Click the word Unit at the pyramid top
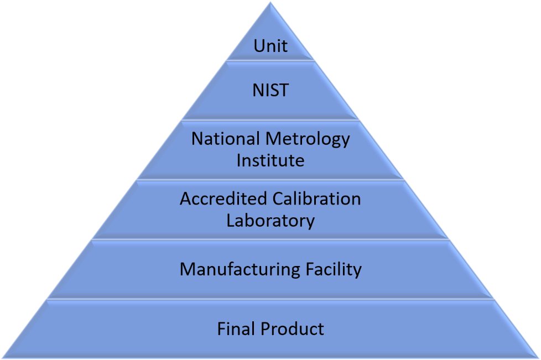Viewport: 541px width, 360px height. click(270, 46)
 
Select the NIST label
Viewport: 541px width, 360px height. click(270, 90)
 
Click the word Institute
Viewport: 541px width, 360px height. click(270, 161)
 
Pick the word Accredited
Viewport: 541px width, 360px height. click(223, 199)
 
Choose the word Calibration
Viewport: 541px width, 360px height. click(317, 199)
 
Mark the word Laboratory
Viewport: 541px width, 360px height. click(270, 221)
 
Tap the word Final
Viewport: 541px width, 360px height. click(237, 328)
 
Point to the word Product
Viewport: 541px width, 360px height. click(293, 328)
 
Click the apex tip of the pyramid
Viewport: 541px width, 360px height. click(270, 2)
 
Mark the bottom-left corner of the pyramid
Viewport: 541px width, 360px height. click(2, 358)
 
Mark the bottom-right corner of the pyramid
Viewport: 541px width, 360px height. click(539, 358)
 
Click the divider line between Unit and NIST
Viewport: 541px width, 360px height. click(270, 61)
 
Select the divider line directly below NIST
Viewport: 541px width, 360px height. click(270, 121)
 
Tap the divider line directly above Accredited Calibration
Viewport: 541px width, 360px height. click(270, 180)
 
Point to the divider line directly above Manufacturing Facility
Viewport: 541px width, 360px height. click(270, 239)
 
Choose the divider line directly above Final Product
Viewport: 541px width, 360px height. click(270, 299)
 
